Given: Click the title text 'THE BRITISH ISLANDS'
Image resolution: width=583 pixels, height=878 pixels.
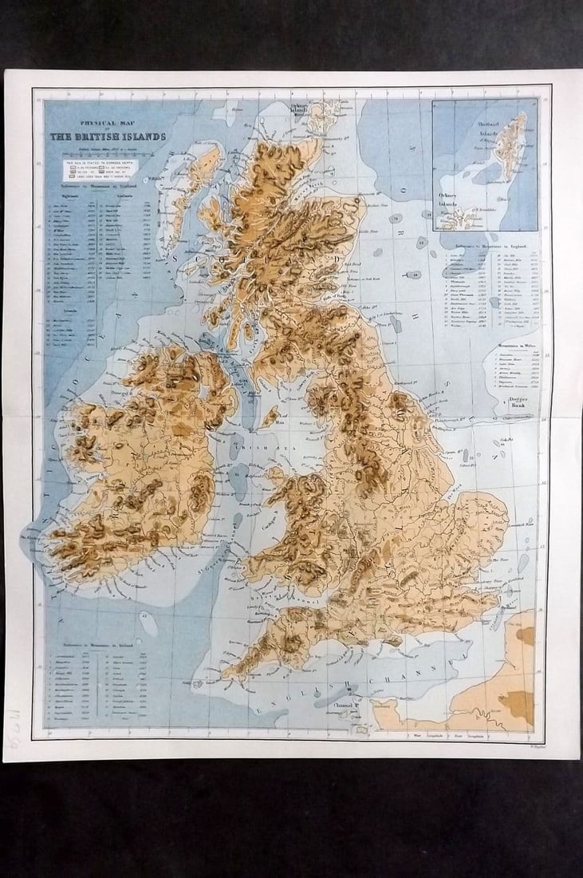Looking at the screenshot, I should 108,136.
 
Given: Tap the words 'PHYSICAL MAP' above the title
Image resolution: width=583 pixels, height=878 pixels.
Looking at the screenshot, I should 106,124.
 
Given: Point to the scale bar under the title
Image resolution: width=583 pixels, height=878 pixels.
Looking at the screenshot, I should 107,149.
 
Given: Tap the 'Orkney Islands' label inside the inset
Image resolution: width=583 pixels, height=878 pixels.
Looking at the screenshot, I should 451,198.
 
